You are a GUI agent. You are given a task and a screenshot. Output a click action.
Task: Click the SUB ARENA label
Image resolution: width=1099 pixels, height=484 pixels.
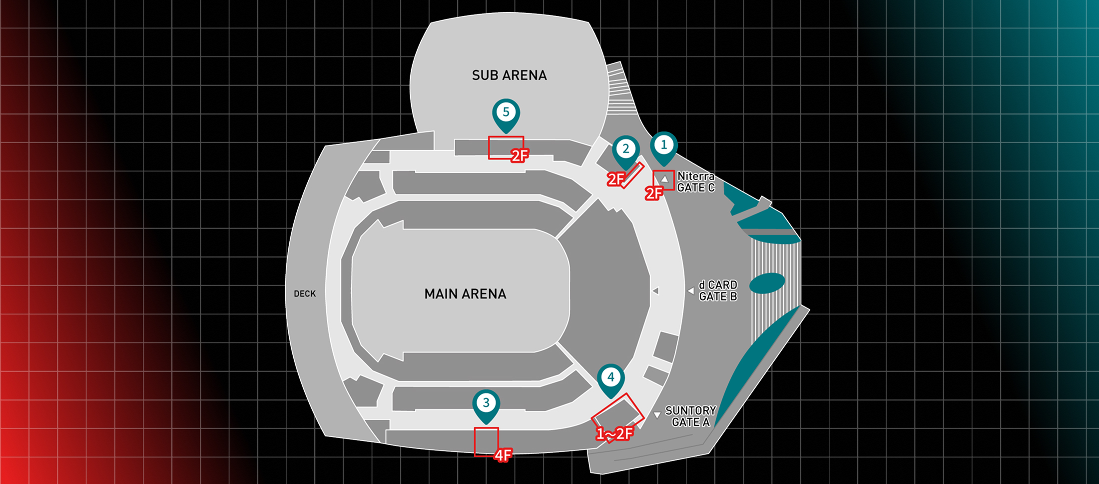(x=509, y=75)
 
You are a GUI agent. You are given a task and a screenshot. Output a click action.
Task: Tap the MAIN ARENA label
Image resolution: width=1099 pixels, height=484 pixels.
(x=465, y=294)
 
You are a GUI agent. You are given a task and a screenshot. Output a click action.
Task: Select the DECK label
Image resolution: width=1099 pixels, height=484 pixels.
(x=305, y=294)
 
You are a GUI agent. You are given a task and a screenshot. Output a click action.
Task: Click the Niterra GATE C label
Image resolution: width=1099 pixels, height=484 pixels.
(x=696, y=182)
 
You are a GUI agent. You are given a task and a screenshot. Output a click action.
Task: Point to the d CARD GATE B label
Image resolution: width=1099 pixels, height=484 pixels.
(x=718, y=290)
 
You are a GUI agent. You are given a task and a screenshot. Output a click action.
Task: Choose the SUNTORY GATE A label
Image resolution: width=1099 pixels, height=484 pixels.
(x=691, y=416)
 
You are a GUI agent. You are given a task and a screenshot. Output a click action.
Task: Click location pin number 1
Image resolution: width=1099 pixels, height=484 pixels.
(x=663, y=145)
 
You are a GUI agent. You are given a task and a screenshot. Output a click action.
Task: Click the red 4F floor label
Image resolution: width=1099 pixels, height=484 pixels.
(x=503, y=455)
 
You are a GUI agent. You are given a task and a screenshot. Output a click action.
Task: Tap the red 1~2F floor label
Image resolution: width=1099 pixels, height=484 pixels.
(x=614, y=434)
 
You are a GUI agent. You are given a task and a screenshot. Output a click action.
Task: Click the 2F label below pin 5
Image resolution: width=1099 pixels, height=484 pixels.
(x=520, y=156)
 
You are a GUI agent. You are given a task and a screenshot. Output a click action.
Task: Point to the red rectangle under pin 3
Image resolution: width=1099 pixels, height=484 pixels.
(x=486, y=441)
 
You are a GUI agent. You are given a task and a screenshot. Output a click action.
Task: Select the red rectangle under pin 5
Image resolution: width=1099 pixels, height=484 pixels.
(x=506, y=147)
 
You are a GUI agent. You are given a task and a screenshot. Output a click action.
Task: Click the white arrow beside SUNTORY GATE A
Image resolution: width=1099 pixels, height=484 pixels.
(x=657, y=415)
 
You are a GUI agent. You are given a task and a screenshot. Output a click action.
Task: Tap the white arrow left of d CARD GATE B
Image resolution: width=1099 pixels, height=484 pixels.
(x=691, y=290)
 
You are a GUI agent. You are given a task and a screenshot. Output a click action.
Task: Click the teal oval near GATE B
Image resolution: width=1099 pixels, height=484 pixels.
(x=767, y=283)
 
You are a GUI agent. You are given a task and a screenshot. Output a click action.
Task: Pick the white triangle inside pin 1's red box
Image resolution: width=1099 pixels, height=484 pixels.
(x=664, y=179)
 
